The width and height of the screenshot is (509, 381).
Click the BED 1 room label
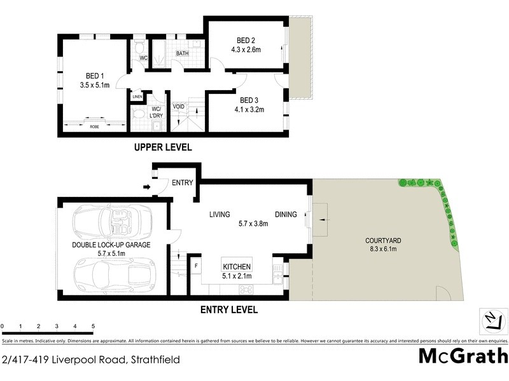[x=94, y=74]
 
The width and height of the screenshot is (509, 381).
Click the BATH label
[x=183, y=54]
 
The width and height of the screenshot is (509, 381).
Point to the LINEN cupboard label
[x=137, y=97]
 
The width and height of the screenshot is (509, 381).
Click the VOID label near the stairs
[x=178, y=106]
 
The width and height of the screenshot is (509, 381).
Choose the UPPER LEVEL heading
[x=162, y=147]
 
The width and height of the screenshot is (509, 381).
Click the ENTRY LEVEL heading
[x=229, y=310]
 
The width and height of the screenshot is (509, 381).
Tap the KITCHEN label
[x=237, y=267]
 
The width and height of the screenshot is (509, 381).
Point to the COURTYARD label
[x=382, y=241]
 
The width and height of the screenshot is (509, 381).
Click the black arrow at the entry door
[x=148, y=187]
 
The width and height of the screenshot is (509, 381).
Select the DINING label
[x=286, y=215]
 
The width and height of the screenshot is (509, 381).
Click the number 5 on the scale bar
[x=94, y=326]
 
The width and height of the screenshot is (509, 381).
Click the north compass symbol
[x=491, y=319]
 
